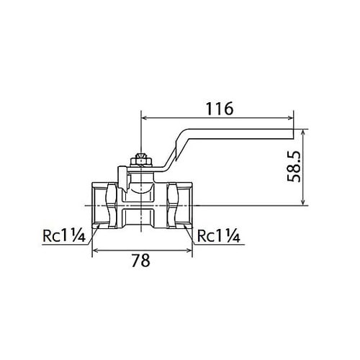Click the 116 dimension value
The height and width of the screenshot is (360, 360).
(220, 109)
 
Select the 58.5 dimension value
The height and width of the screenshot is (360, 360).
(294, 166)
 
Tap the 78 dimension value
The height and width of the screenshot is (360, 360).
(141, 260)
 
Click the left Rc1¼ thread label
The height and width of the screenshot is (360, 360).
(64, 235)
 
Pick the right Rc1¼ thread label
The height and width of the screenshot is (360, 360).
(219, 235)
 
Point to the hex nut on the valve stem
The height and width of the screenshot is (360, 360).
(141, 160)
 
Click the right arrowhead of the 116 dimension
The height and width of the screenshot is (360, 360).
(291, 117)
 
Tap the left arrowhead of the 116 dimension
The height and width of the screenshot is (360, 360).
(145, 117)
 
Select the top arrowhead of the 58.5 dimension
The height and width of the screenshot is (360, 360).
(304, 132)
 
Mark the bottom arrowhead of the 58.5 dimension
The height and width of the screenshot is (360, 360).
(304, 202)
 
